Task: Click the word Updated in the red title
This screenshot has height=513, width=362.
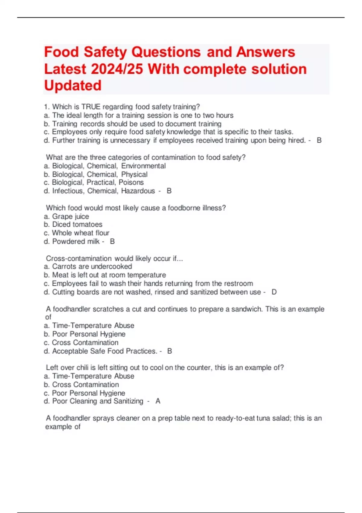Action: coord(73,85)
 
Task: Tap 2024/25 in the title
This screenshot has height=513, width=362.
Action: coord(117,69)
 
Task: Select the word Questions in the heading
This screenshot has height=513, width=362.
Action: coord(166,52)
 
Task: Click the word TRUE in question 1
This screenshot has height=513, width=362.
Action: coord(91,107)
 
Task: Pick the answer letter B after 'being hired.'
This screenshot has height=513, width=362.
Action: coord(319,140)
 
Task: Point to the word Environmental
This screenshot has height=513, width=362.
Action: coord(143,166)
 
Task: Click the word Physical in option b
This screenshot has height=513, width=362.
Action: coord(134,174)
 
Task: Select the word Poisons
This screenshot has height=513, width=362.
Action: coord(131,183)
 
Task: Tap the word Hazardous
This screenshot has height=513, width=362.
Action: coord(138,191)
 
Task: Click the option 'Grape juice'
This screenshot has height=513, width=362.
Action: coord(71,216)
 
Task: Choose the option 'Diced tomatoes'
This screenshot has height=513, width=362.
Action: coord(77,225)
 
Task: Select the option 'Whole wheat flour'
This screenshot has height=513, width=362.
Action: coord(81,233)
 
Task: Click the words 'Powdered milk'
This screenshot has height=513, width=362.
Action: coord(76,241)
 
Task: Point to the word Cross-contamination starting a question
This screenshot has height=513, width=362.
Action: coord(79,259)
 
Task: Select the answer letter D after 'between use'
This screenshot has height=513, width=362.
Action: coord(274,292)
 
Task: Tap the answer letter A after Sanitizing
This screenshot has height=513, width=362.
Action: coord(158,401)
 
